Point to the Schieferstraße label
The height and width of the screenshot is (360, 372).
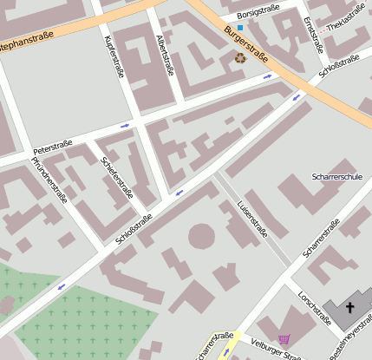pos(116,178)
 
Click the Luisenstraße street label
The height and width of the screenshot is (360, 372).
pos(252,219)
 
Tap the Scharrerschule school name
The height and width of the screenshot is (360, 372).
pos(336,177)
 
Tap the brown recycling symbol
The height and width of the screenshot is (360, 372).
pos(240,58)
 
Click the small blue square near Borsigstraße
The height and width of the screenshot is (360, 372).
pos(240,28)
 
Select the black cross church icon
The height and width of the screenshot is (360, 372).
pos(350,308)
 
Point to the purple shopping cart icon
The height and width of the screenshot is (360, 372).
pos(284,339)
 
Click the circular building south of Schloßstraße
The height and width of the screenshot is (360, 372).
pos(201,235)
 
